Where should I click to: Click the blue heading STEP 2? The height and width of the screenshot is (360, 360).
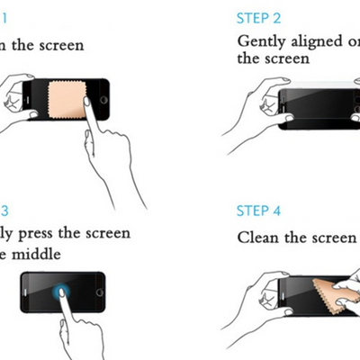258,18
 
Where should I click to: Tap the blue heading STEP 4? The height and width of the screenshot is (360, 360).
258,211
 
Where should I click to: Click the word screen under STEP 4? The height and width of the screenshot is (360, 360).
333,238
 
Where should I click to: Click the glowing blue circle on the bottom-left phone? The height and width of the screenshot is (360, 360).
60,292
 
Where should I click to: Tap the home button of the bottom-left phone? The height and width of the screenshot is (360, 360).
98,292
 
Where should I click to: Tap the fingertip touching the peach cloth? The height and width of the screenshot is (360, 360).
87,101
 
